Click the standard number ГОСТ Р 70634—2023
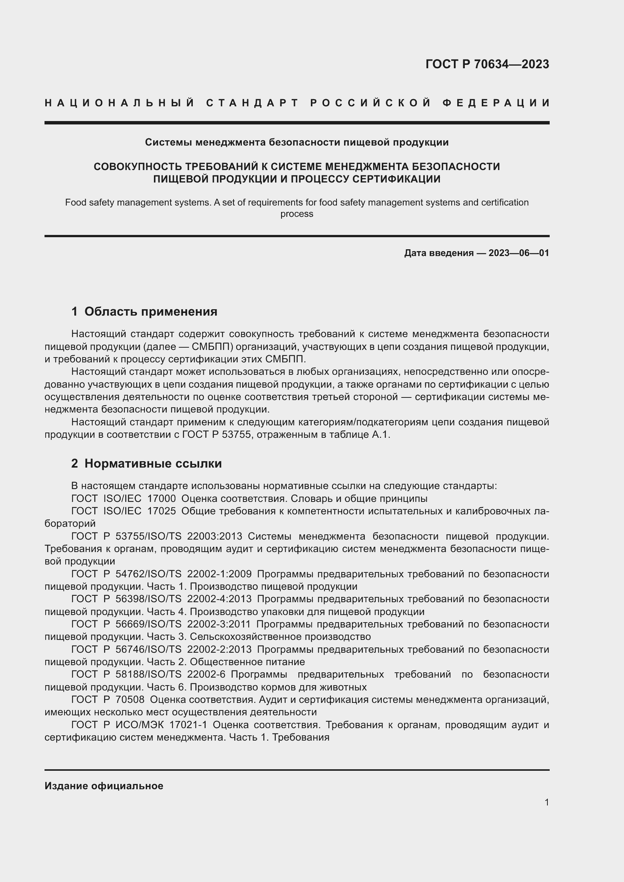[487, 64]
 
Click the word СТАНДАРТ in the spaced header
[252, 103]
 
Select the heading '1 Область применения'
[144, 311]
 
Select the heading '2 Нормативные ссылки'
[146, 463]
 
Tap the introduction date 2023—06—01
[519, 253]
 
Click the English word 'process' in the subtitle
[297, 214]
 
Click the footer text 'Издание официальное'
[104, 785]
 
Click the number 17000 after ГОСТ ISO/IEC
[161, 499]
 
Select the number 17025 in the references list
[161, 511]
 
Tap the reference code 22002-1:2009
[219, 574]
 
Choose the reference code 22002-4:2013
[219, 599]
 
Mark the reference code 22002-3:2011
[219, 624]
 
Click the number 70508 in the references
[130, 699]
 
